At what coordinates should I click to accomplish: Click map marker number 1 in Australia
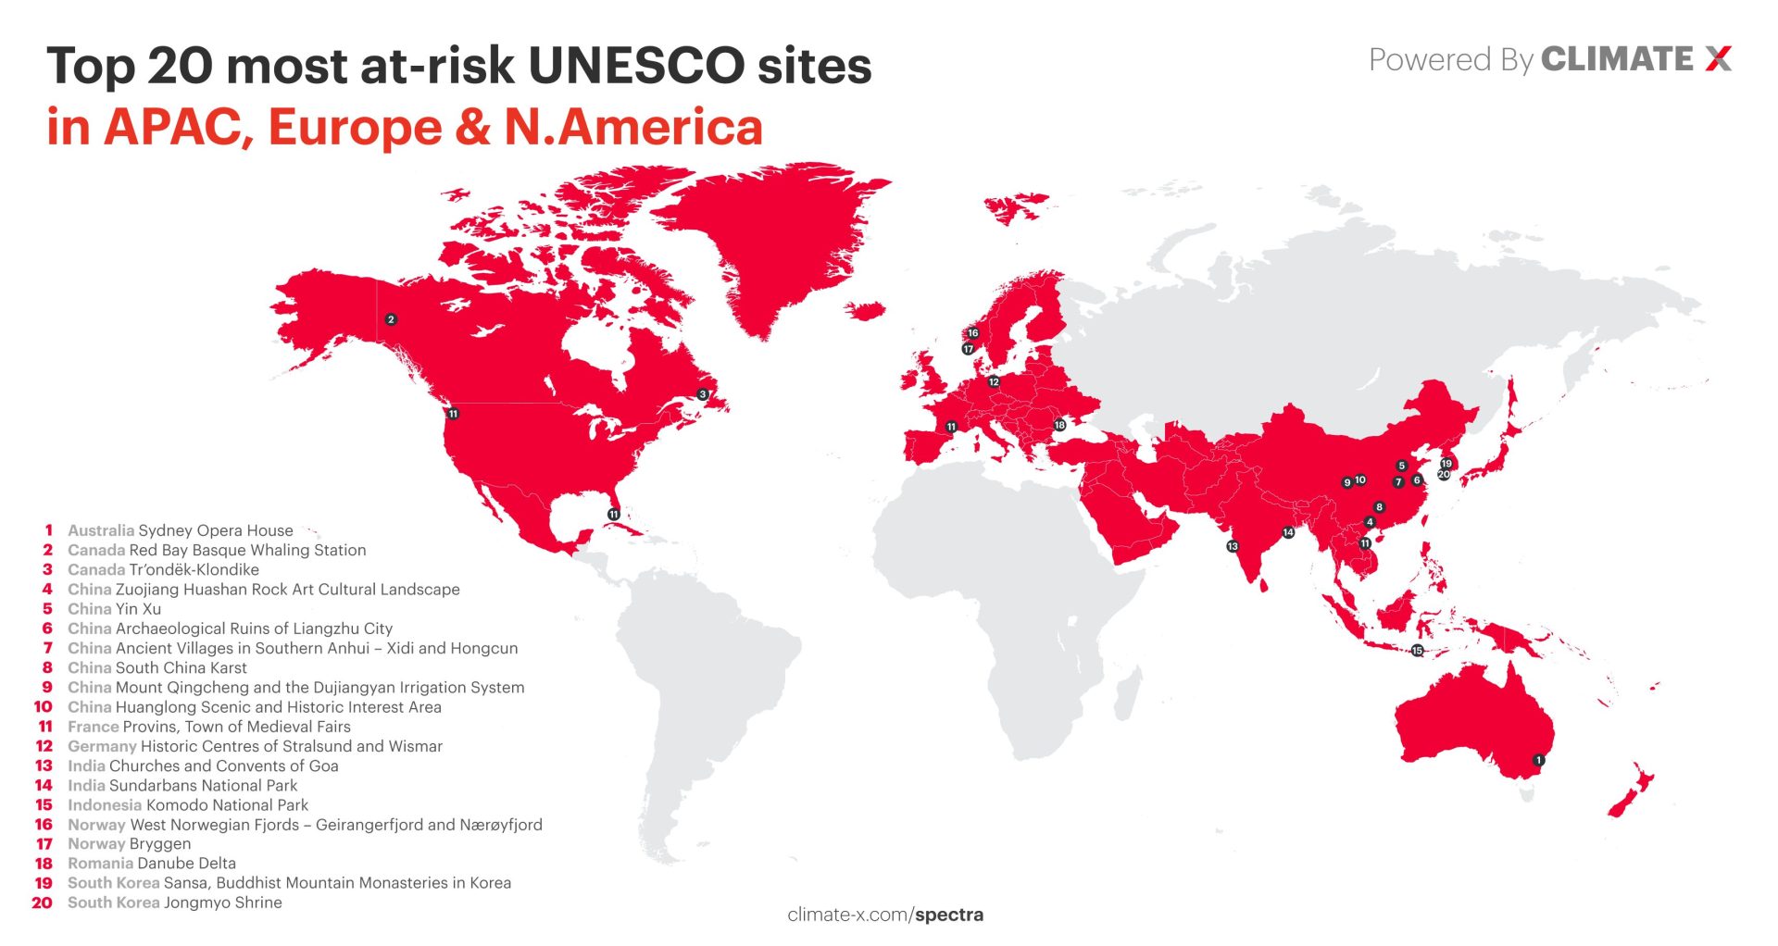pyautogui.click(x=1538, y=760)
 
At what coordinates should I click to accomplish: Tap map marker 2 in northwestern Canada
pyautogui.click(x=391, y=319)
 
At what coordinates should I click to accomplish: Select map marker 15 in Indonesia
pyautogui.click(x=1417, y=651)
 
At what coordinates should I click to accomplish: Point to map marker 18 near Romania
pyautogui.click(x=1059, y=425)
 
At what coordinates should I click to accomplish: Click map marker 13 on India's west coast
pyautogui.click(x=1233, y=546)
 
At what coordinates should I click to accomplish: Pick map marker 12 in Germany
pyautogui.click(x=994, y=381)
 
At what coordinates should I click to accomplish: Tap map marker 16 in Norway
pyautogui.click(x=972, y=333)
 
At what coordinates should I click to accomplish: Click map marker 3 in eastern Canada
pyautogui.click(x=703, y=394)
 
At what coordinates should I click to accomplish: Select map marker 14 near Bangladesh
pyautogui.click(x=1288, y=532)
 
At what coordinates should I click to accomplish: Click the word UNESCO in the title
pyautogui.click(x=636, y=67)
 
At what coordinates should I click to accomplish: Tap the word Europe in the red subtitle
pyautogui.click(x=355, y=128)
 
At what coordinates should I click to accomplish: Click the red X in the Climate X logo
pyautogui.click(x=1718, y=59)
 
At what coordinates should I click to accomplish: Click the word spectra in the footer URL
pyautogui.click(x=949, y=915)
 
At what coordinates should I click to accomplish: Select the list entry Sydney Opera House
pyautogui.click(x=215, y=530)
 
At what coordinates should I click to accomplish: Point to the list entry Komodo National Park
pyautogui.click(x=227, y=805)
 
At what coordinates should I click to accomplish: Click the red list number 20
pyautogui.click(x=43, y=902)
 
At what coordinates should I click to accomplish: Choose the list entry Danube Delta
pyautogui.click(x=186, y=864)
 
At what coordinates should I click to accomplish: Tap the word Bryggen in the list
pyautogui.click(x=160, y=844)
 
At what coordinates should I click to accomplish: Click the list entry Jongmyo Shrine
pyautogui.click(x=222, y=902)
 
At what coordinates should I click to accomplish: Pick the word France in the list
pyautogui.click(x=93, y=727)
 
